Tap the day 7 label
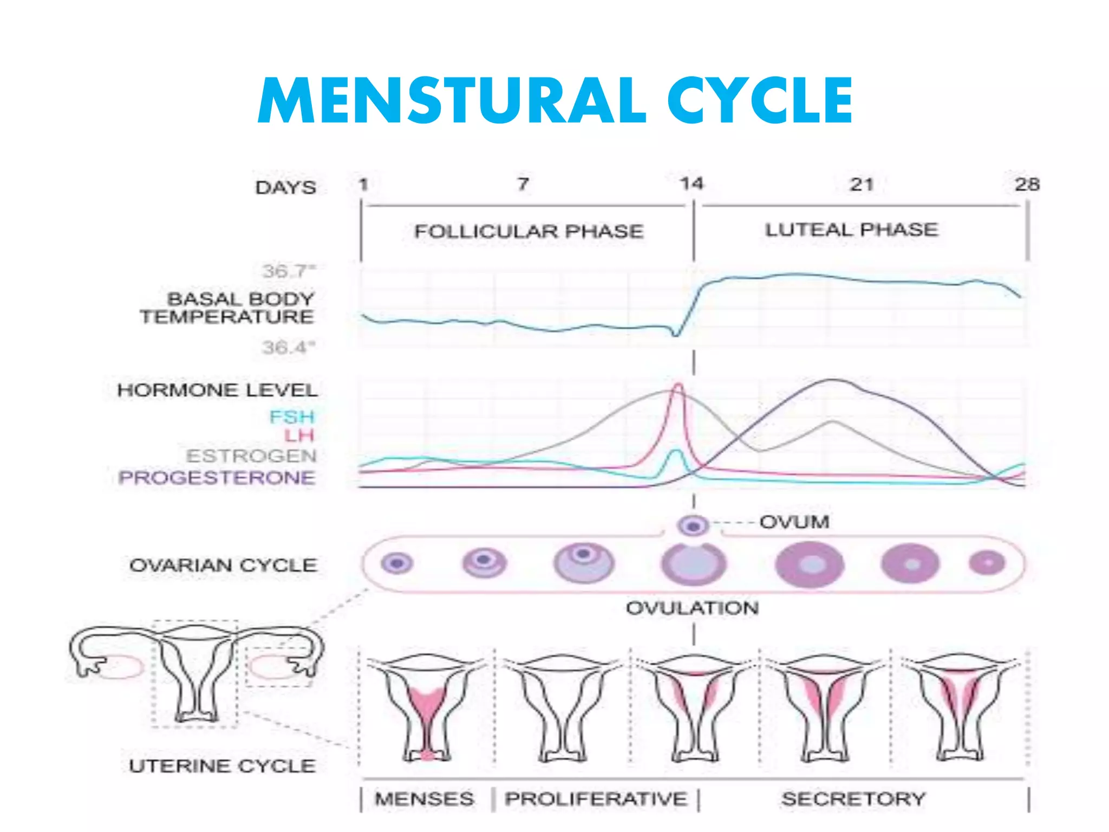523,184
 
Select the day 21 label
861,185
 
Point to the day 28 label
1027,185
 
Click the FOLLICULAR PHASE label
529,231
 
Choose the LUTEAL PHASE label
851,230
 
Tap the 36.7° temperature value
288,271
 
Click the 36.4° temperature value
288,347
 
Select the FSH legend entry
292,417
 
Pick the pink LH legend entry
299,435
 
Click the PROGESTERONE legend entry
217,478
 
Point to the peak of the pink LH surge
678,386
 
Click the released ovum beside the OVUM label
693,525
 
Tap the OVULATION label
692,608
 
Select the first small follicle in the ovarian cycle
397,563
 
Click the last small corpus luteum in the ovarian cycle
987,563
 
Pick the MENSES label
425,798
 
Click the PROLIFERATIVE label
596,798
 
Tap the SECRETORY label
853,798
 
